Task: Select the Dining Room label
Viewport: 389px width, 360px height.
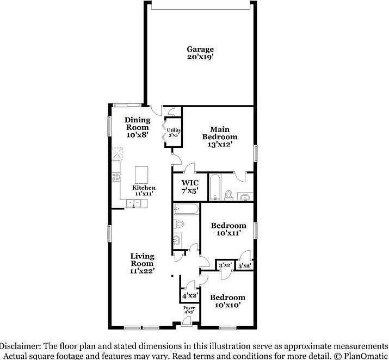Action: click(x=137, y=123)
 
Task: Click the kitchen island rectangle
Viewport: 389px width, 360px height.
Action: click(x=141, y=175)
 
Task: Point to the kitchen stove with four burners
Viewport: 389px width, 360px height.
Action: click(x=116, y=176)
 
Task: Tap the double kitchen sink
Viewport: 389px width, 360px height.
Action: click(x=133, y=203)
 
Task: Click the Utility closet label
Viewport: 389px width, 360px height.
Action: click(x=173, y=132)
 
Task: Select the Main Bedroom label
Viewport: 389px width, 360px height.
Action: click(x=220, y=133)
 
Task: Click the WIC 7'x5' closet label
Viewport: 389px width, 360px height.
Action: click(x=189, y=187)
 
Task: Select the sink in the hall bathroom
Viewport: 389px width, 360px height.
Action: click(x=177, y=239)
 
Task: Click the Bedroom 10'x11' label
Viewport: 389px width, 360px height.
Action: click(x=228, y=229)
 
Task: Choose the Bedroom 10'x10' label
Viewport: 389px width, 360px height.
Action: click(x=227, y=301)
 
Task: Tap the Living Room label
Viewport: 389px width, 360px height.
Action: click(x=142, y=263)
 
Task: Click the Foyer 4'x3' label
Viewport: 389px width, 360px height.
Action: click(x=189, y=310)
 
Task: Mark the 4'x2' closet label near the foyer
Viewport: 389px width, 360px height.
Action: click(x=189, y=296)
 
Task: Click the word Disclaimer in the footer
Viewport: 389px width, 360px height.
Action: click(x=20, y=346)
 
